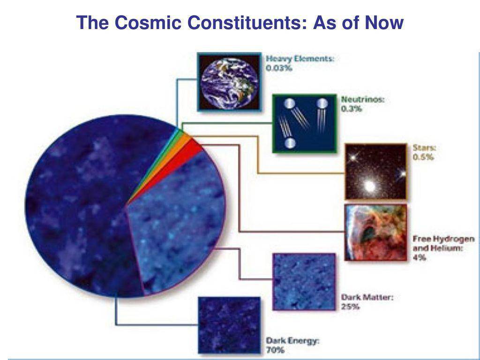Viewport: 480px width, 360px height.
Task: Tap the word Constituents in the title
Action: (x=247, y=22)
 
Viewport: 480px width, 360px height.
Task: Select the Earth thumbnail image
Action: (x=229, y=82)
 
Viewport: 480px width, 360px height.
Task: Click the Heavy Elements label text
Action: (x=300, y=59)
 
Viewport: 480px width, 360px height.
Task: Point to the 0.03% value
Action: (x=279, y=68)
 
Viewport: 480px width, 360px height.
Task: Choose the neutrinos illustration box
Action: (x=305, y=123)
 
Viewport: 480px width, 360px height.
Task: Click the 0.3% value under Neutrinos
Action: (x=352, y=109)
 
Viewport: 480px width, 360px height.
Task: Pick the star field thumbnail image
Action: (x=376, y=172)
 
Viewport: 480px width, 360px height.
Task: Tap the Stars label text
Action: (x=424, y=148)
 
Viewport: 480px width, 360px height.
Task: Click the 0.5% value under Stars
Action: (x=423, y=157)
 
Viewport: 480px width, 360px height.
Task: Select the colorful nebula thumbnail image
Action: (x=376, y=232)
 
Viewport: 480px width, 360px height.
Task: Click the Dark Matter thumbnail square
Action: (x=304, y=282)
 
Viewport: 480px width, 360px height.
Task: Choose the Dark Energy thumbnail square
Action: (x=229, y=325)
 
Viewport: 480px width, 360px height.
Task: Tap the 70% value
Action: (x=275, y=350)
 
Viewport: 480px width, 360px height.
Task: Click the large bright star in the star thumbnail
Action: (x=370, y=186)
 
